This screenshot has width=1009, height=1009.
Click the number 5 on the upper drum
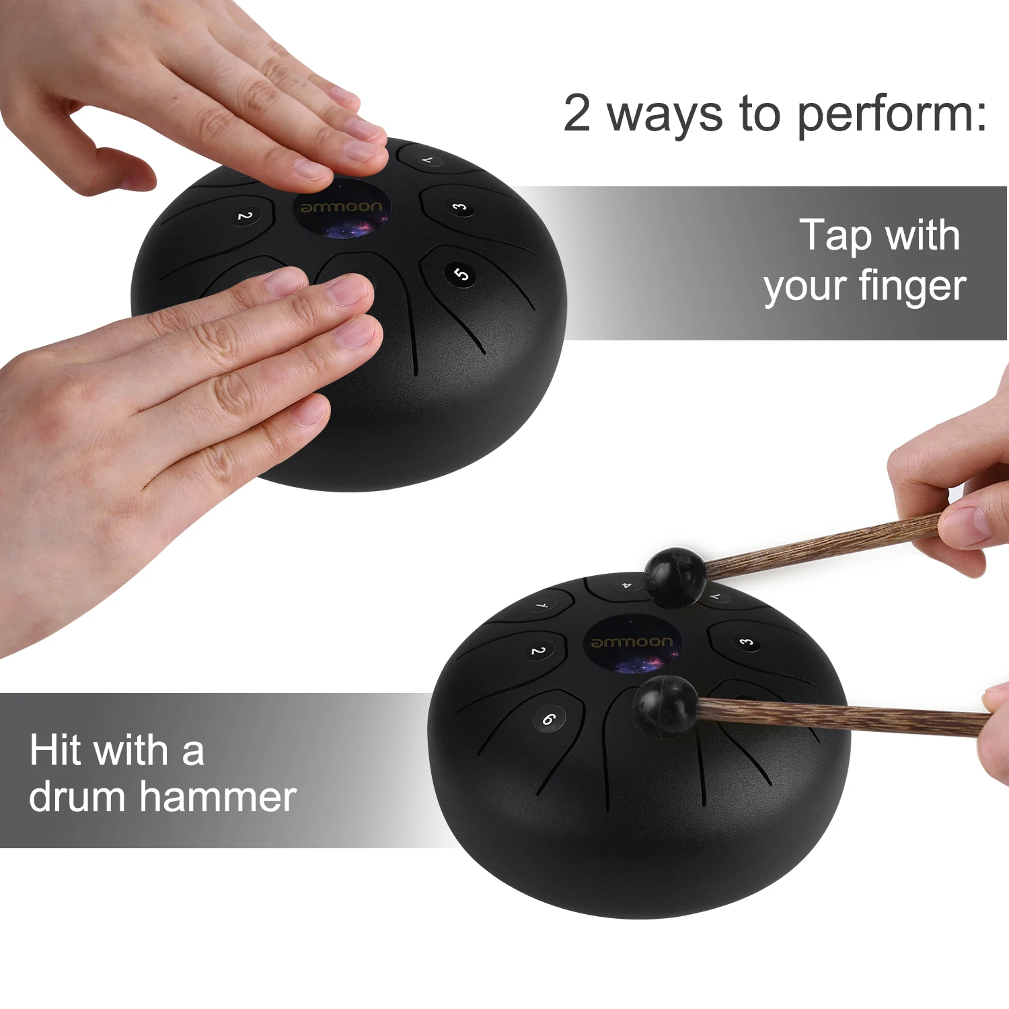click(461, 274)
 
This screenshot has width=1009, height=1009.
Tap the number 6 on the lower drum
click(549, 719)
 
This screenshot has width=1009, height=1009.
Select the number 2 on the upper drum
click(245, 216)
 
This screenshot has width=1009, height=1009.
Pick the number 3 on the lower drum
click(746, 642)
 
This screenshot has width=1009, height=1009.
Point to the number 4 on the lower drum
click(626, 586)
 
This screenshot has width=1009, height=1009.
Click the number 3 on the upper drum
click(459, 207)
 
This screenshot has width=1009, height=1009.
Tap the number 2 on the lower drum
click(538, 651)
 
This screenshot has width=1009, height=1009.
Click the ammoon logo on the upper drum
click(342, 207)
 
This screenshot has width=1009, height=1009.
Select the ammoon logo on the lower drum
click(631, 642)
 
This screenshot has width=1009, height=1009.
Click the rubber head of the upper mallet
click(675, 576)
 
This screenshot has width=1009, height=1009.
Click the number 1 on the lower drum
click(543, 605)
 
